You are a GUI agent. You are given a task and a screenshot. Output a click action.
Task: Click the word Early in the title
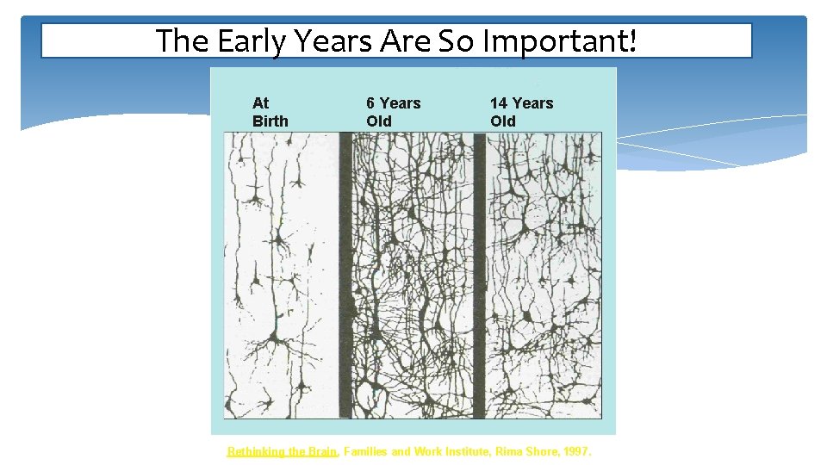pos(243,40)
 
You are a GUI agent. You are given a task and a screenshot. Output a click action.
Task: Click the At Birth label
pos(270,112)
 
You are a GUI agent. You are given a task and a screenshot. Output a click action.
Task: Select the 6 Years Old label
pos(393,112)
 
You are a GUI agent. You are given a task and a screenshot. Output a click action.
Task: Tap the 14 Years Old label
pos(521,112)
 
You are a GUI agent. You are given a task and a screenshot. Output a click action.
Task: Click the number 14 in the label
pos(500,103)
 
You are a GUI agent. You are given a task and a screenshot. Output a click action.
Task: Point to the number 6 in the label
pos(371,103)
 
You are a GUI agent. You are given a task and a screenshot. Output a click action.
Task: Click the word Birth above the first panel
pos(270,121)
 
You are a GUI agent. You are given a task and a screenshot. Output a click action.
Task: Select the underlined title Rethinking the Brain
pos(282,451)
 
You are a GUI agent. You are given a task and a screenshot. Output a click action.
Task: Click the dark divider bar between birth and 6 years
pos(345,276)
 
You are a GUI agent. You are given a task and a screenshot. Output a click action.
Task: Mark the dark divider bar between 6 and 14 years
pos(479,276)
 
